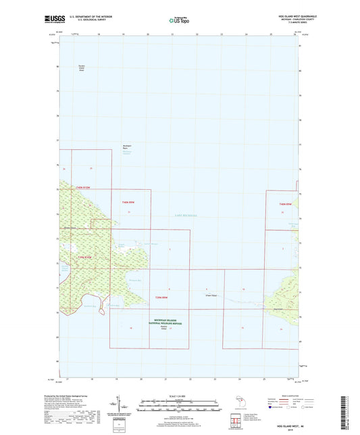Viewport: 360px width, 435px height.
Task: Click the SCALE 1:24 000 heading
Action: (x=179, y=395)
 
